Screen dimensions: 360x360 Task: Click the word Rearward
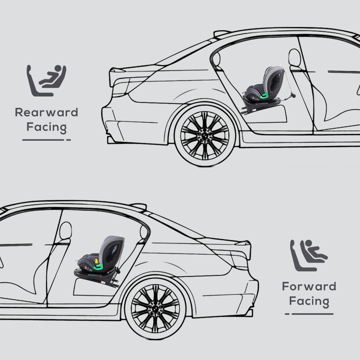click(46, 112)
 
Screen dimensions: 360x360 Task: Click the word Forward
click(309, 287)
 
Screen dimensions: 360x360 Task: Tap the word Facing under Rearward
click(46, 127)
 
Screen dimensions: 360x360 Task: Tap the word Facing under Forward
click(309, 301)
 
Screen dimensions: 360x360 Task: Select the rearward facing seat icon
click(46, 81)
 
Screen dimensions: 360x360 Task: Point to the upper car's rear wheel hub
click(204, 135)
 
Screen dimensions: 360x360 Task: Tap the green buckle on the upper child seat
click(265, 95)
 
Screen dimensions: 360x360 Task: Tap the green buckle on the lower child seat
click(98, 266)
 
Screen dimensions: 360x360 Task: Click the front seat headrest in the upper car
click(294, 58)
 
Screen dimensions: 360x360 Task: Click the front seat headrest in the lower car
click(65, 230)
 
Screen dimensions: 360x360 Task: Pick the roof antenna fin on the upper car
click(221, 33)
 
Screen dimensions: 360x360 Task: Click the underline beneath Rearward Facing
click(46, 140)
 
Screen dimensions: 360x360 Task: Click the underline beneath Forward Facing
click(309, 314)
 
